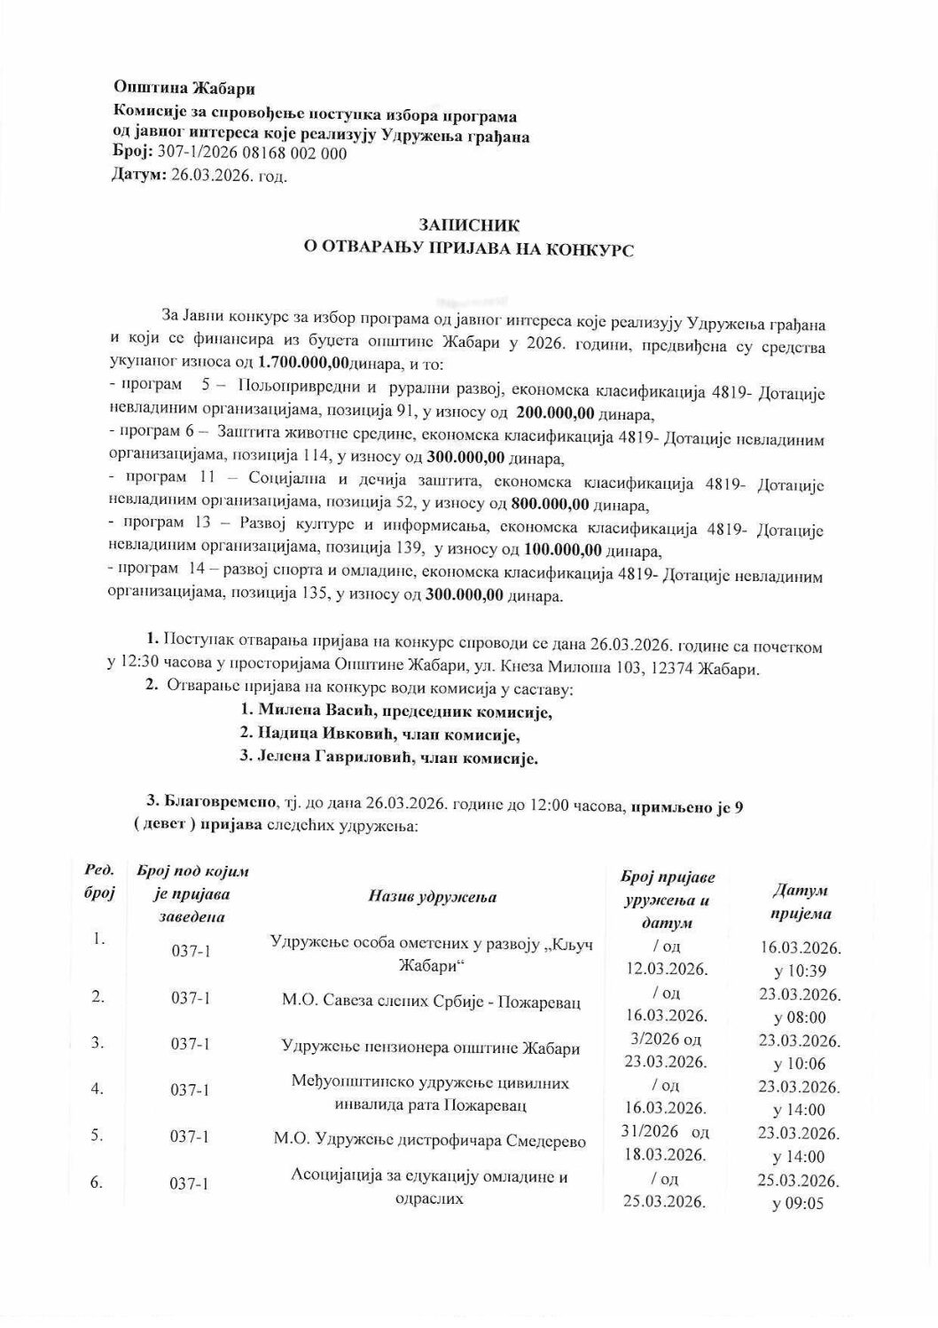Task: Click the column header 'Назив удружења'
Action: (432, 896)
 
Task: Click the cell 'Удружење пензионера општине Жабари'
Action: (431, 1048)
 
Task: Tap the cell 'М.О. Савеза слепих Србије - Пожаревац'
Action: (431, 1002)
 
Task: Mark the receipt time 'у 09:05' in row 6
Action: (800, 1205)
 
